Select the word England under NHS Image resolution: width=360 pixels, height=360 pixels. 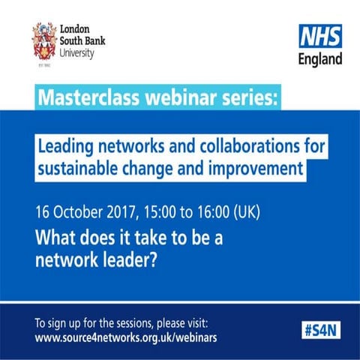[319, 59]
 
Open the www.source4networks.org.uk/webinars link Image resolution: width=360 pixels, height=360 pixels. [126, 338]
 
